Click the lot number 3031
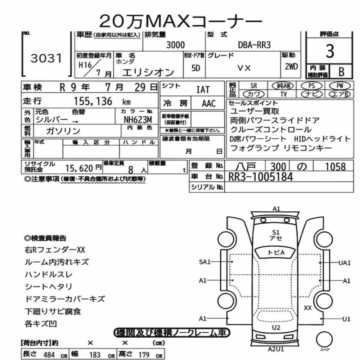coord(46,58)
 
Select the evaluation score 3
coord(330,51)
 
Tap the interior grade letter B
coord(341,72)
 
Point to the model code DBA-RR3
coord(254,45)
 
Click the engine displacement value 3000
coord(175,45)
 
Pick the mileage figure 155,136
coord(93,101)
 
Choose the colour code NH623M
coord(138,120)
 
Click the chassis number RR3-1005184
coord(261,177)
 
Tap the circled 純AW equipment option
coord(283,86)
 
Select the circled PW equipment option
coord(340,86)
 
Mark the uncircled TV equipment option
coord(284,94)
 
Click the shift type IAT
coord(203,90)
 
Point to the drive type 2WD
coord(291,67)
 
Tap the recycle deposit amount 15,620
coord(79,168)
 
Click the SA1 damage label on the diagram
coord(204,262)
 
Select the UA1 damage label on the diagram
coord(345,263)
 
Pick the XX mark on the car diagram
coord(308,308)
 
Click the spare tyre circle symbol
coord(324,339)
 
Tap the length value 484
coord(49,355)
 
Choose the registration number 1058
coord(335,167)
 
